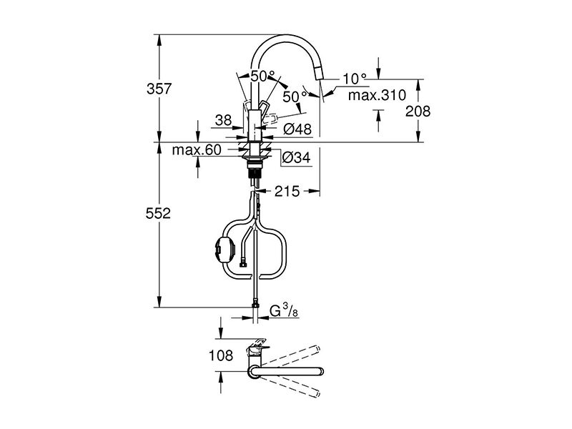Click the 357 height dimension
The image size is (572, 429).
pos(159,89)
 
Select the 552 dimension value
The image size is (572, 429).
pos(158,213)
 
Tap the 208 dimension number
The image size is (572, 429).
pos(418,111)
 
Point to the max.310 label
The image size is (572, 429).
pos(377,95)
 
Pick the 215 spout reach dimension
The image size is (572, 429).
pos(287,191)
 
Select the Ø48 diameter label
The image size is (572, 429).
pos(297,129)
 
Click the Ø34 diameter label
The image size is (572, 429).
pos(296,157)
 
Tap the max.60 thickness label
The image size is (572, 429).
pos(197,149)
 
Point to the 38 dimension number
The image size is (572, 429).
pos(223,119)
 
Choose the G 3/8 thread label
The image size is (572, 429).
pos(284,311)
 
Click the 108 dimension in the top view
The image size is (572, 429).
pos(221,355)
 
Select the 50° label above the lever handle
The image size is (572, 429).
pos(263,77)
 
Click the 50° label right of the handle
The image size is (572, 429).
pos(295,97)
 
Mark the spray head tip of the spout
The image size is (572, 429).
pos(319,76)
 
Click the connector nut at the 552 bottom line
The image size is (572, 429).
pos(256,303)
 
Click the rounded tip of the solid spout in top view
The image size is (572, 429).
pos(320,372)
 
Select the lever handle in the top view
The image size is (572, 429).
pos(257,347)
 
